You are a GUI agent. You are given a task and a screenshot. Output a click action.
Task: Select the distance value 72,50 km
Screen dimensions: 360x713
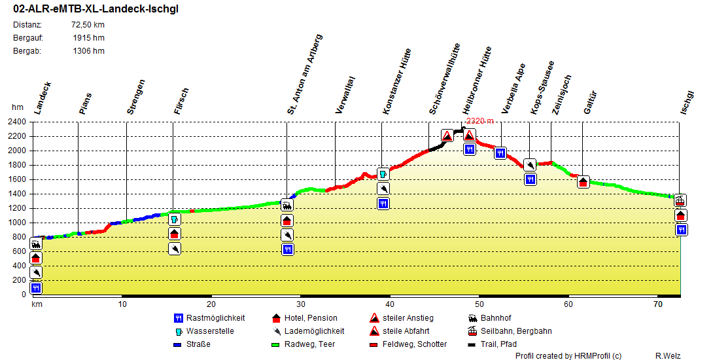point(88,25)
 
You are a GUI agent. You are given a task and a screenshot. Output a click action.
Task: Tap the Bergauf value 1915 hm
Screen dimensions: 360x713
point(88,38)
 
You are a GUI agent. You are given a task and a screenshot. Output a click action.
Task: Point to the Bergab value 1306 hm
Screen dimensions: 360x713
point(88,51)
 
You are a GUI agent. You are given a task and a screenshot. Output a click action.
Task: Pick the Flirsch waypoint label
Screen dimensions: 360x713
point(181,101)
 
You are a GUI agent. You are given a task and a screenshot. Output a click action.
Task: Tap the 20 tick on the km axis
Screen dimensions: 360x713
point(211,304)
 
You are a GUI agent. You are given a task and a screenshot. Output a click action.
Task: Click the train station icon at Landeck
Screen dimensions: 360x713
point(36,243)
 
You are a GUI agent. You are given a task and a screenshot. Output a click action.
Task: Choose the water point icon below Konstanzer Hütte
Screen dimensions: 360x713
point(383,175)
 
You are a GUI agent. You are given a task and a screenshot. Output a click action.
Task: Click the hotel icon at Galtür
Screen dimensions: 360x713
point(583,182)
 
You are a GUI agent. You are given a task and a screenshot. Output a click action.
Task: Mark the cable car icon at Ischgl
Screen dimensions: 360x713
point(681,200)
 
